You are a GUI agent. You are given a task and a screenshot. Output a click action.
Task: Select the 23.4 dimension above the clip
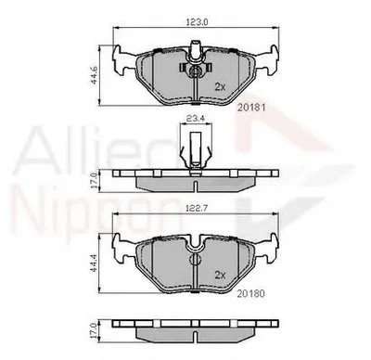tap(193, 118)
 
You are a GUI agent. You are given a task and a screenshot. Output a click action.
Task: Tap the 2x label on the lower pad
tap(221, 275)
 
